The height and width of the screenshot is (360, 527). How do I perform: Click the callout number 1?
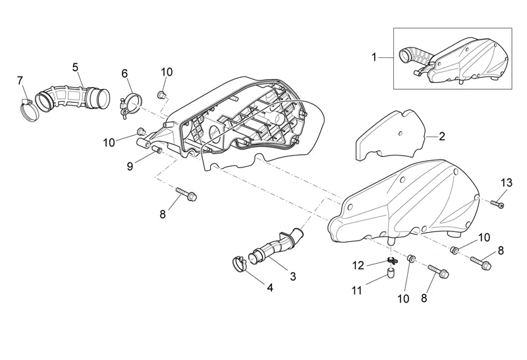(374, 57)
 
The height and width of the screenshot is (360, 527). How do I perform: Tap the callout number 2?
(442, 136)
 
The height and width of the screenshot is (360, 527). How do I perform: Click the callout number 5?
(75, 67)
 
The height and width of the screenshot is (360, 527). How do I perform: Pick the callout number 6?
(125, 75)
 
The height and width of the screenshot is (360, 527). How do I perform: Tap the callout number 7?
(20, 80)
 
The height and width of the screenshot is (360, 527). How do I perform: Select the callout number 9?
(130, 166)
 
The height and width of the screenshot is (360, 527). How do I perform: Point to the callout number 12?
(358, 265)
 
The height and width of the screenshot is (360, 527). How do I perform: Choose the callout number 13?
(506, 182)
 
